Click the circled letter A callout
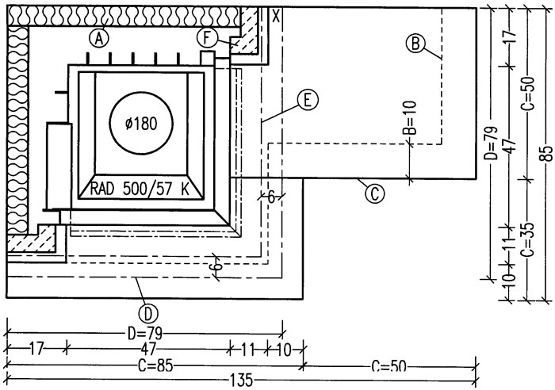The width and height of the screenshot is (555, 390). click(x=99, y=38)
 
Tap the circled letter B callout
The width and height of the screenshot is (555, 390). click(x=415, y=44)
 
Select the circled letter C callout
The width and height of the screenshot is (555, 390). click(x=374, y=193)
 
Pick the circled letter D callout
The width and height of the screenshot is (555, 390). click(x=148, y=313)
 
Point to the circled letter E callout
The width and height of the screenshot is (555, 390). click(x=308, y=100)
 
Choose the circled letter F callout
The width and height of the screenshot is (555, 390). click(x=208, y=38)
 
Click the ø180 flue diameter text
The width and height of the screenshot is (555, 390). click(x=141, y=124)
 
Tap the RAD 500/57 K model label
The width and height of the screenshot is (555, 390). click(x=140, y=189)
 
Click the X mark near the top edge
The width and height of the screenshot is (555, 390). click(x=277, y=16)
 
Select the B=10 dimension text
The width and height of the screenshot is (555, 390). click(x=410, y=117)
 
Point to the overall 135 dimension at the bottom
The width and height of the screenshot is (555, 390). click(x=242, y=380)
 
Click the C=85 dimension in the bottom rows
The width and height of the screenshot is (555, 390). click(x=155, y=365)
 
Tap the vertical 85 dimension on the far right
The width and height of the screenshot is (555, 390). click(x=546, y=153)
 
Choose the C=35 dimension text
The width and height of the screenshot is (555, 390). click(x=528, y=239)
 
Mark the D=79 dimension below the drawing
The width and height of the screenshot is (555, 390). click(x=145, y=334)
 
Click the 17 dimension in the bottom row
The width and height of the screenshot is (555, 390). click(x=36, y=349)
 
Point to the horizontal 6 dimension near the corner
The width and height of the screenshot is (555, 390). click(x=271, y=197)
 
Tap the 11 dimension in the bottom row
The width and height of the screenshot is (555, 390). click(x=247, y=350)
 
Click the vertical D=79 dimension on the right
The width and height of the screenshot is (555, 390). click(x=492, y=143)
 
